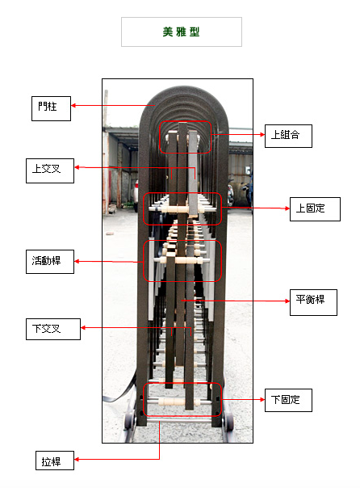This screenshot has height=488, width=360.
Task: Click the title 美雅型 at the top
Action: pos(182,32)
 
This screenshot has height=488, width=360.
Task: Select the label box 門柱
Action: pos(51,108)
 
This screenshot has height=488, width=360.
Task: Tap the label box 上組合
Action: pos(288,136)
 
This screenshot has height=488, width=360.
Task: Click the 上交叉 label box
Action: pos(50,170)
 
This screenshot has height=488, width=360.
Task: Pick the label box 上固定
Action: pos(315,209)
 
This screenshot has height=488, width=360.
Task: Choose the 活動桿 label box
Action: pos(50,262)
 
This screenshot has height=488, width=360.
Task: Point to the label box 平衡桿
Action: pos(313,302)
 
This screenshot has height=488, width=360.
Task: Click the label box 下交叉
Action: pos(53,329)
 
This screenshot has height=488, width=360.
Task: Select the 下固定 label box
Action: pos(288,400)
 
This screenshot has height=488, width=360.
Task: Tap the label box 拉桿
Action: pos(55,461)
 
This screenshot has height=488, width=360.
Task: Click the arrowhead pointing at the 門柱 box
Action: pos(73,106)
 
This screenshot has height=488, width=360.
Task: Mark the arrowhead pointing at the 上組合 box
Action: pos(262,134)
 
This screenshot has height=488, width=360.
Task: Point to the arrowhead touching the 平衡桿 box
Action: pos(287,301)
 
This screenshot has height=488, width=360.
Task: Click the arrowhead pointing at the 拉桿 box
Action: pos(77,459)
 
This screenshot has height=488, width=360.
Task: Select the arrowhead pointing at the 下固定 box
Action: pos(262,399)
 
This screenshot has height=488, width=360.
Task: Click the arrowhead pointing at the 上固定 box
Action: pos(287,208)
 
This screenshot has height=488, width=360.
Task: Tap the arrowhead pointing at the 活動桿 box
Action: pos(77,262)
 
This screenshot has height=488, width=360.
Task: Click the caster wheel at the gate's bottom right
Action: pos(229,421)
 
